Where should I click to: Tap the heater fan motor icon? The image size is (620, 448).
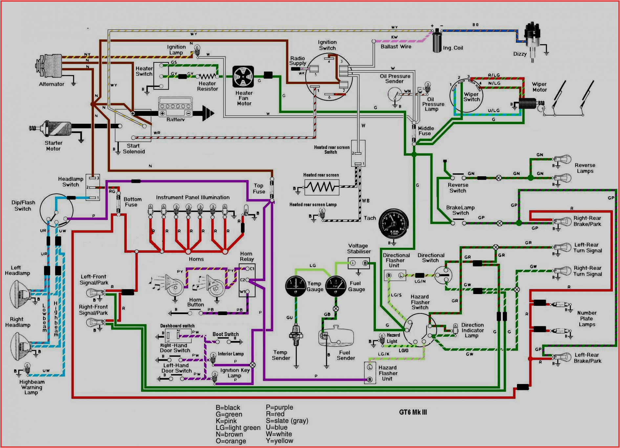[x=243, y=77]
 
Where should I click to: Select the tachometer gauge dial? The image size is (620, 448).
[x=393, y=224]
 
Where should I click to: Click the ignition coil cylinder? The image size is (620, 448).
[x=437, y=41]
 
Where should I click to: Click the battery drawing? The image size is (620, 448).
[x=175, y=107]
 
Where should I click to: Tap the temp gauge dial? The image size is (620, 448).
[x=296, y=286]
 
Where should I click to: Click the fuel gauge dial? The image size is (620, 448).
[x=336, y=286]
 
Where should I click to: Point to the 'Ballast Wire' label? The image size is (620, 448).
[x=396, y=47]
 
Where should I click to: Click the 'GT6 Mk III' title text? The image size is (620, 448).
[x=413, y=412]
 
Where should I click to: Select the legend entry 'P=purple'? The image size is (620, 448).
[x=279, y=407]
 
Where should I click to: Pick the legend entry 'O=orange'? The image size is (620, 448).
[x=231, y=441]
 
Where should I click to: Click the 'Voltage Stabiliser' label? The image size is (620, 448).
[x=359, y=248]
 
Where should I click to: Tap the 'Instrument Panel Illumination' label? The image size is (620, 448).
[x=193, y=197]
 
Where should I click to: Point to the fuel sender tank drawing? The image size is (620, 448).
[x=336, y=336]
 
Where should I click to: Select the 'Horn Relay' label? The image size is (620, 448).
[x=246, y=256]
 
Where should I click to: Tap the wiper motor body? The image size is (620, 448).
[x=527, y=104]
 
